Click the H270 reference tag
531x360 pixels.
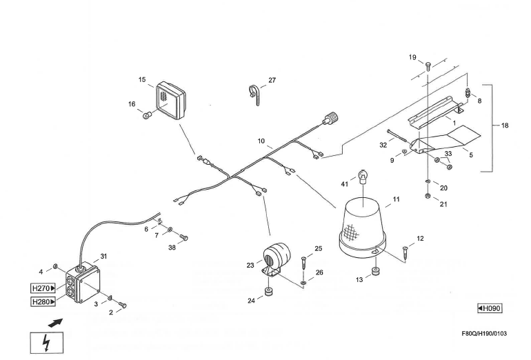point(43,288)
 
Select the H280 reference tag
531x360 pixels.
point(43,302)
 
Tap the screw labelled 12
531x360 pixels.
point(405,253)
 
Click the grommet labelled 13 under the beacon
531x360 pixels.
point(377,271)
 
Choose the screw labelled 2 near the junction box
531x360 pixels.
point(123,304)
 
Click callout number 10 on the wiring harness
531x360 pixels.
point(262,141)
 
